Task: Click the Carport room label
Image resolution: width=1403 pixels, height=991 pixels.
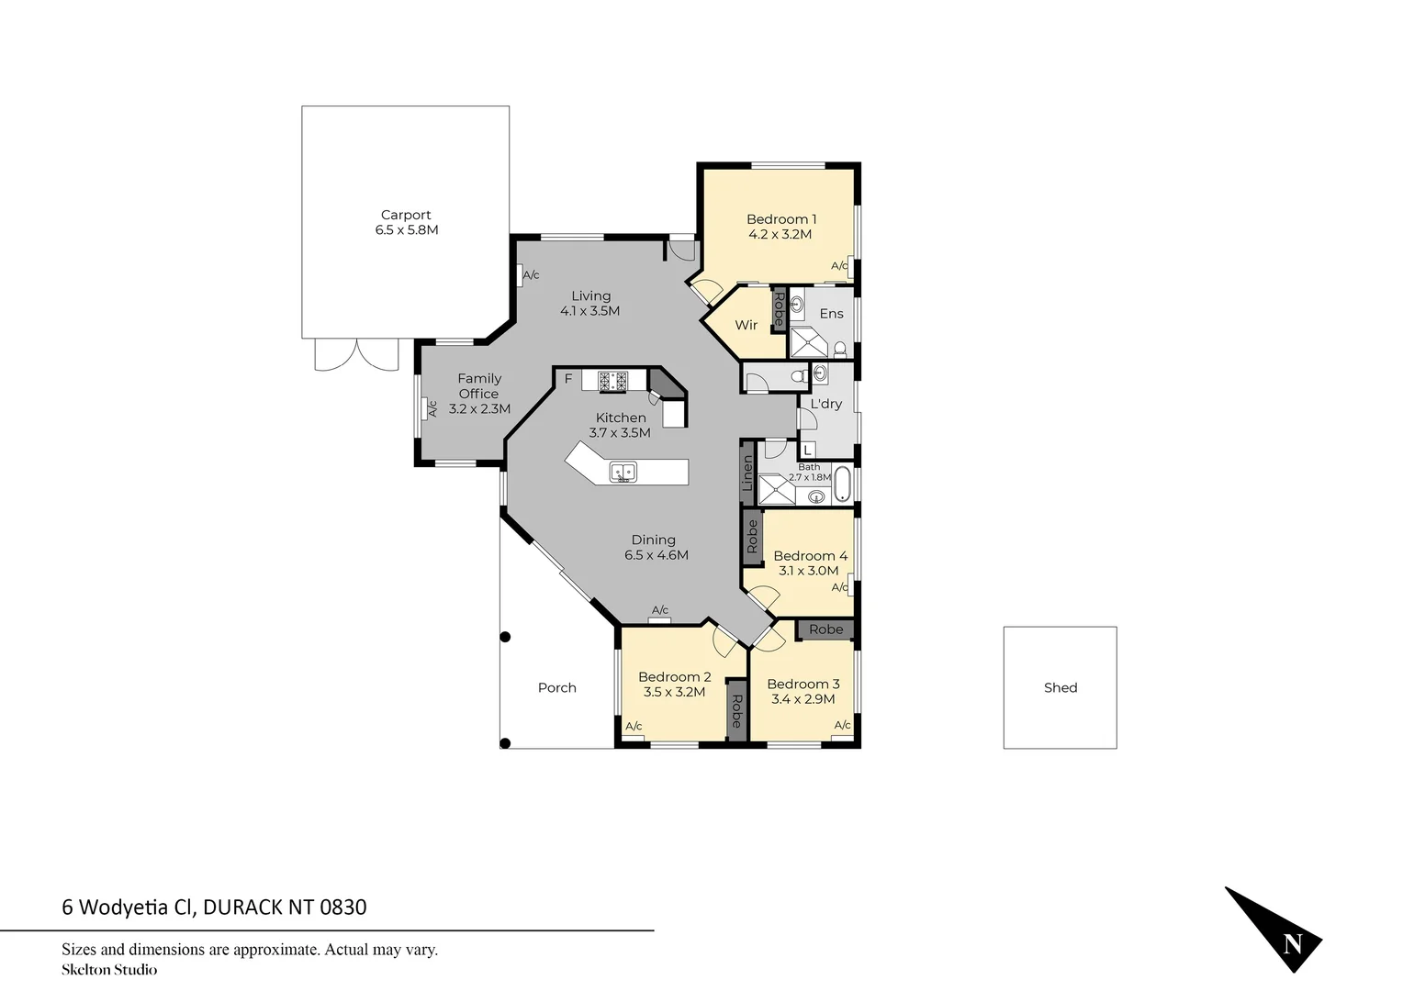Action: (x=406, y=215)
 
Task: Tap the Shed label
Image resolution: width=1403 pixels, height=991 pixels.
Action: (x=1061, y=687)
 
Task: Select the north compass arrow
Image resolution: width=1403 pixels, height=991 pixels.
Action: (x=1275, y=930)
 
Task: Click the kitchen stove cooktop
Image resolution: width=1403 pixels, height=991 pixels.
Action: (x=612, y=381)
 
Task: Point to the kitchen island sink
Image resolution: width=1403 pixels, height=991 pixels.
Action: (x=623, y=473)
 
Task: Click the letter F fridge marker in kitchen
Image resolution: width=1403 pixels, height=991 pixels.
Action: (x=568, y=378)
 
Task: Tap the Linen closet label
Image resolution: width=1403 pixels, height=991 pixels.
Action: (x=748, y=473)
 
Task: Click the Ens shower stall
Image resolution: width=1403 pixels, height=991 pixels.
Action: (x=808, y=341)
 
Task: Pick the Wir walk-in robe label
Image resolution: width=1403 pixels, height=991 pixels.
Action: (x=746, y=325)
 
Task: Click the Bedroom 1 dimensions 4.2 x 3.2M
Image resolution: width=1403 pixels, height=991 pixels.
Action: (x=780, y=234)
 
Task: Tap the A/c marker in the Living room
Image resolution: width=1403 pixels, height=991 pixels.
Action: (x=531, y=274)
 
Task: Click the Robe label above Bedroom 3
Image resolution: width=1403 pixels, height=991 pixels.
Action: (x=825, y=629)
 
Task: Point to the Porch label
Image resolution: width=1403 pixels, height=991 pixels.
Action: (x=557, y=687)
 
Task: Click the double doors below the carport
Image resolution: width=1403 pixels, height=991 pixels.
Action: (x=356, y=354)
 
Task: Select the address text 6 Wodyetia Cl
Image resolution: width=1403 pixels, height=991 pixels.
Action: (x=129, y=907)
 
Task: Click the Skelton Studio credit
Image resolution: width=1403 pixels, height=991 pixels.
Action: (x=109, y=969)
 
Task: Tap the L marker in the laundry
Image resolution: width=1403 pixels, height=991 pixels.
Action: (x=807, y=450)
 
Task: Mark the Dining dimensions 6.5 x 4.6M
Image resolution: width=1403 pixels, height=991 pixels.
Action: (x=657, y=555)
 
